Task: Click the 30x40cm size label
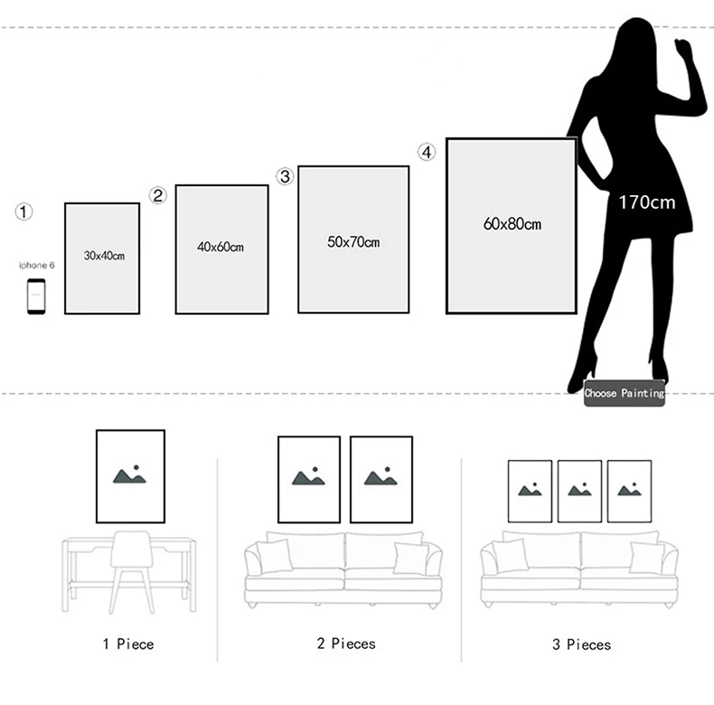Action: point(104,256)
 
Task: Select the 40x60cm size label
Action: point(221,247)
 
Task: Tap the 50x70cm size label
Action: point(353,242)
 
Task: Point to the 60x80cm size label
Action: point(512,223)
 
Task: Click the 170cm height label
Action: point(646,202)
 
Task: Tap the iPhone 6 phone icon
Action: point(36,296)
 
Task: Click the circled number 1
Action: point(24,211)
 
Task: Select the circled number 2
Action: point(158,195)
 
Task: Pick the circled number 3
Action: point(286,176)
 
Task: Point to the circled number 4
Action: point(427,152)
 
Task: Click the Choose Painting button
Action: point(624,393)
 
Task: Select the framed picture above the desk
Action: point(130,475)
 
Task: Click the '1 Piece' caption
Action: point(127,644)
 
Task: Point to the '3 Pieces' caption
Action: point(581,644)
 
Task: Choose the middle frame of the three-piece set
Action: point(579,491)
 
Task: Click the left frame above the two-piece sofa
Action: point(308,479)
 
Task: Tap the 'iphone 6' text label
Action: point(37,266)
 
